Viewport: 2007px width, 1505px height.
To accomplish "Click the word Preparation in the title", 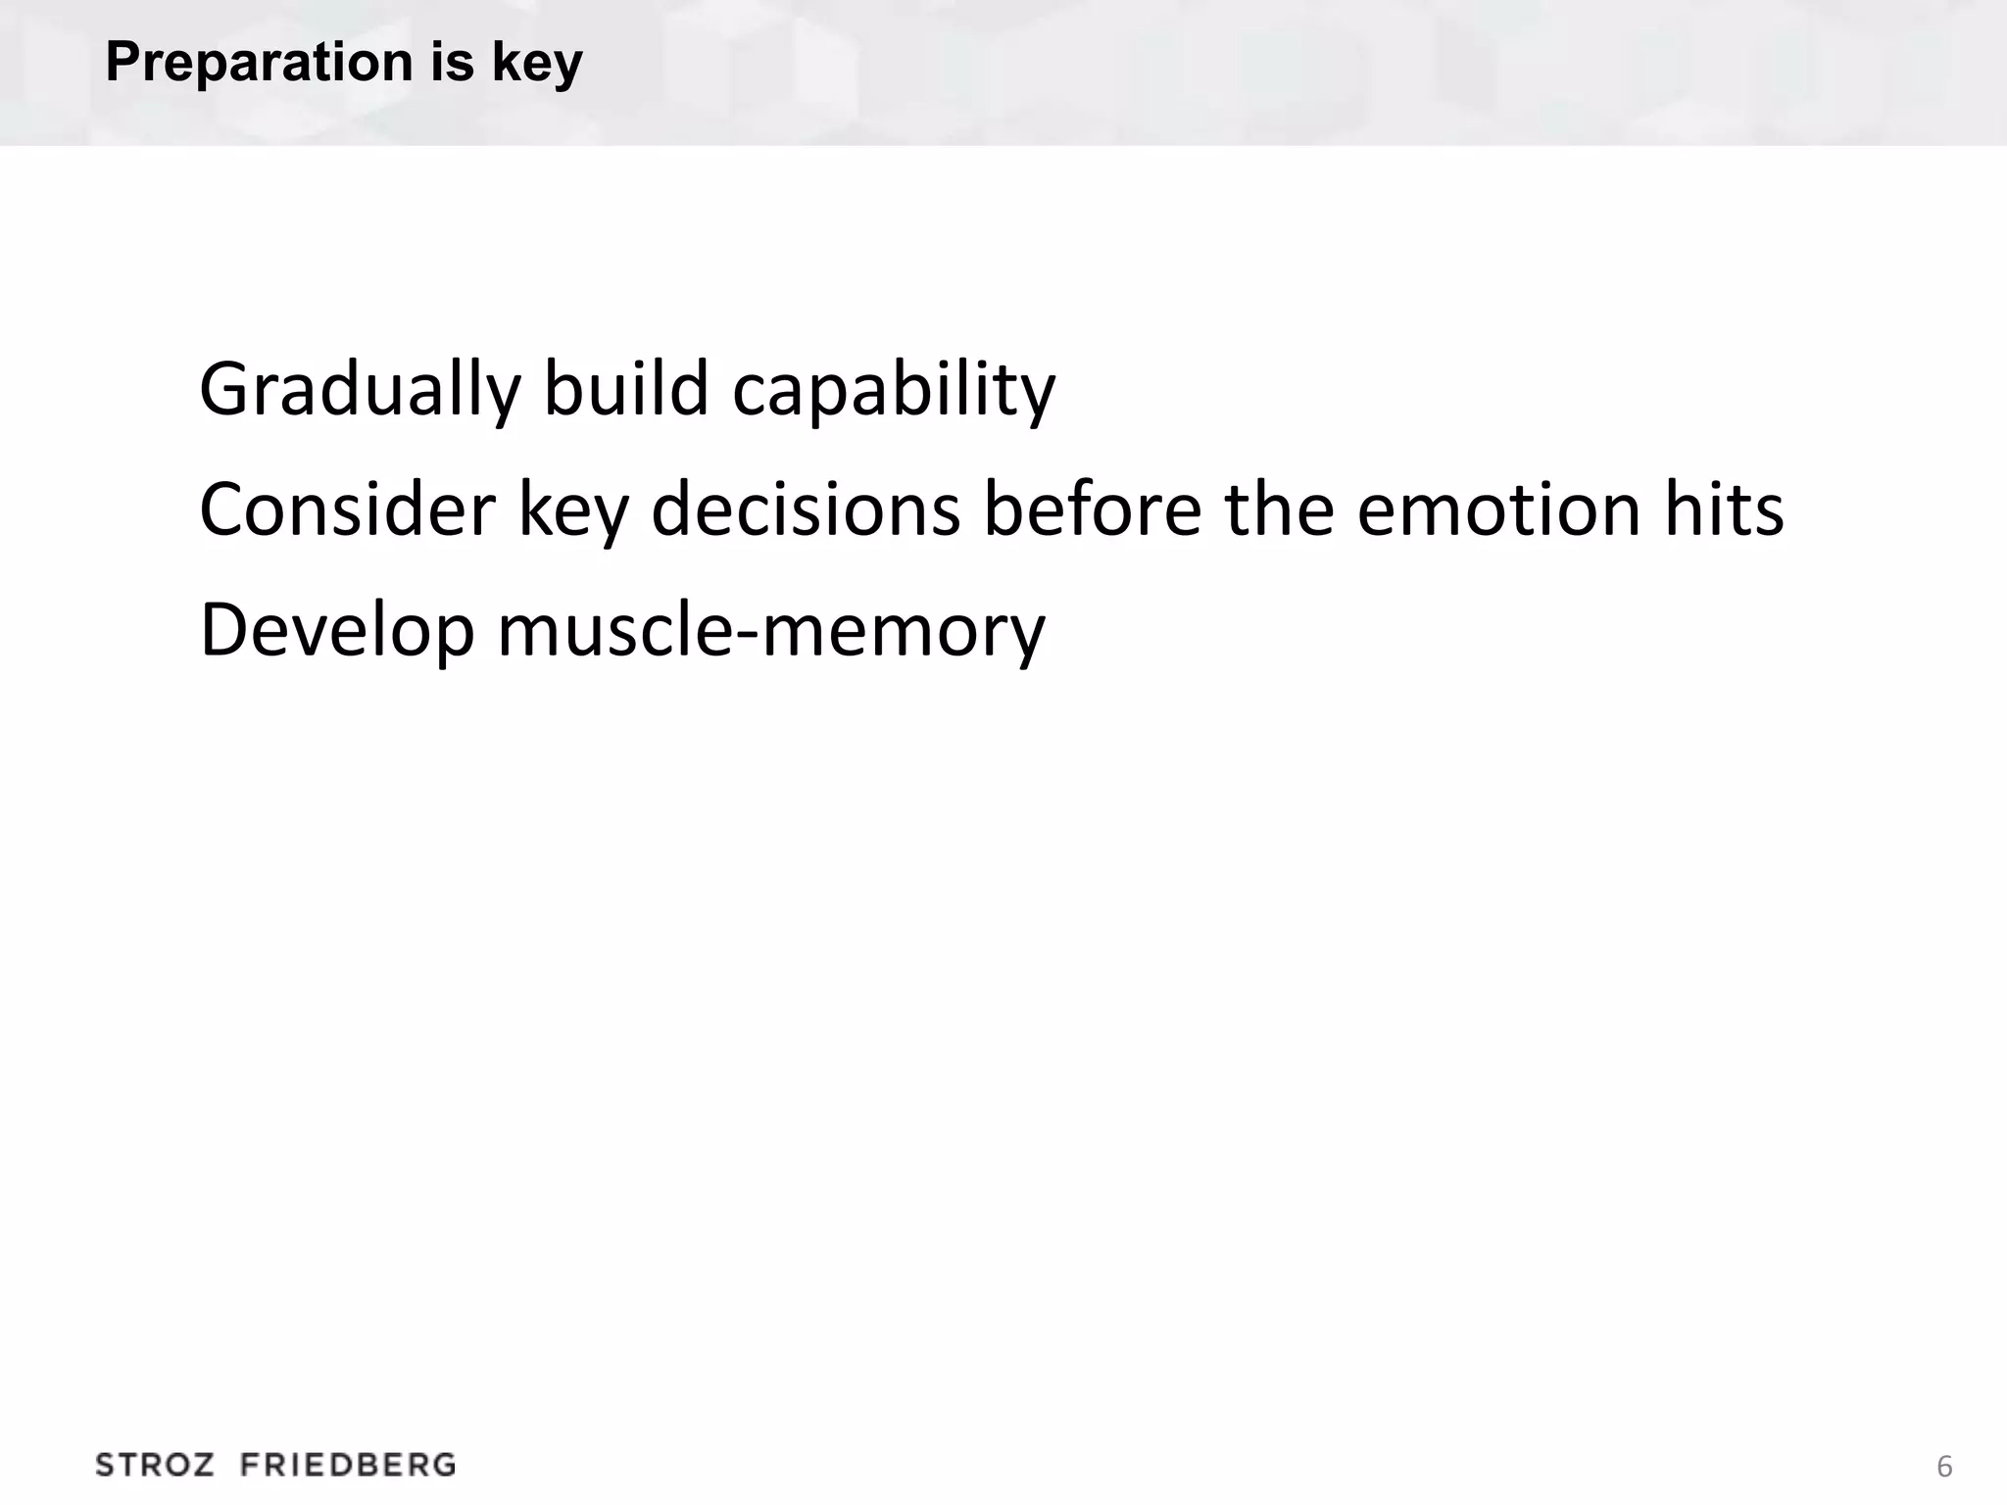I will (x=260, y=63).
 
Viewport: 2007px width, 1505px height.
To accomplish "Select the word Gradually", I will (x=360, y=390).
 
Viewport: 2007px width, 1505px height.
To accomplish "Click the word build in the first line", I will (x=625, y=388).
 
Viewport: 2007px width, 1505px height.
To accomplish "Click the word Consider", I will (x=347, y=510).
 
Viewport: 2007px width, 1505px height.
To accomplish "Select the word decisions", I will (x=806, y=510).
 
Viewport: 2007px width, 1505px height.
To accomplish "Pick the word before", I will (x=1092, y=510).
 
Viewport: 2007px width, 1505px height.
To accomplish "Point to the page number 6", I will (x=1944, y=1467).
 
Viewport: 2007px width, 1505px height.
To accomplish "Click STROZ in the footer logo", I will (x=155, y=1466).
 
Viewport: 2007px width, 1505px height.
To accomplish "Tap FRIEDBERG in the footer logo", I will (x=348, y=1466).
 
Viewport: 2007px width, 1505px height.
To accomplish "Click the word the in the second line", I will (x=1279, y=510).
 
